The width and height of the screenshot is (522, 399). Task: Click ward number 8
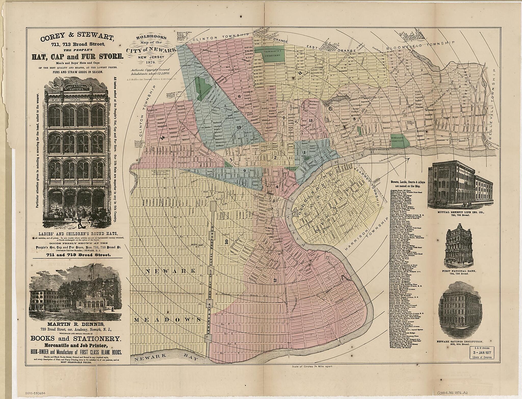click(x=354, y=119)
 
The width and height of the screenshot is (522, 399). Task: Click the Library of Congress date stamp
click(x=480, y=352)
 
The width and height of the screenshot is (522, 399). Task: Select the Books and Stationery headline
click(x=75, y=339)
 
